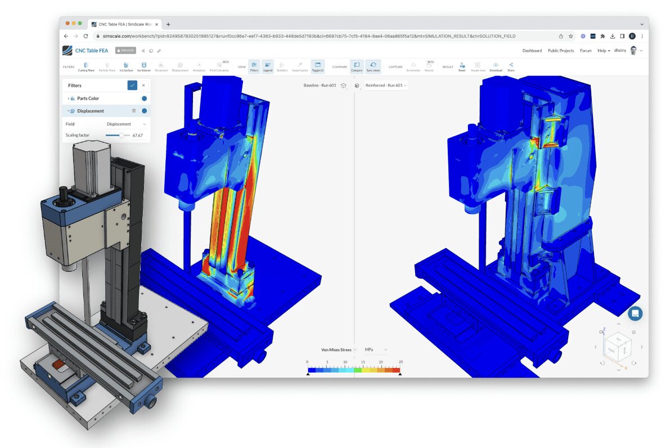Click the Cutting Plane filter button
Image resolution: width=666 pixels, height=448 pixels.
[x=86, y=66]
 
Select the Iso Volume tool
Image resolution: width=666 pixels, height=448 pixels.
[x=144, y=66]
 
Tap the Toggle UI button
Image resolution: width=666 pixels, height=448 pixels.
[x=317, y=66]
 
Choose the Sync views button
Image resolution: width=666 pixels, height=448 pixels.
[x=373, y=66]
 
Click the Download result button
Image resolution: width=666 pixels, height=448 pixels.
[x=496, y=66]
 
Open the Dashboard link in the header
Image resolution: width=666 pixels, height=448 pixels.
[x=532, y=51]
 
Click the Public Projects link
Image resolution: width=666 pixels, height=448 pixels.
[x=561, y=51]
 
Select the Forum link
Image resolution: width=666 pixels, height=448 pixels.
[x=586, y=51]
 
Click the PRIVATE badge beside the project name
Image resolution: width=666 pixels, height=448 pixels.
[x=125, y=51]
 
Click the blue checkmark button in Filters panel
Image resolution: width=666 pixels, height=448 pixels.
[x=132, y=86]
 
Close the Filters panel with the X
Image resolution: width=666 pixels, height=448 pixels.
[x=143, y=86]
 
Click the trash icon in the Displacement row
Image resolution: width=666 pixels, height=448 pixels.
[x=134, y=111]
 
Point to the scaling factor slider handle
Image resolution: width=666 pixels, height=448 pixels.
[x=121, y=135]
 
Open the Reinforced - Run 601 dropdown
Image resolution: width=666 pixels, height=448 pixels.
[x=386, y=86]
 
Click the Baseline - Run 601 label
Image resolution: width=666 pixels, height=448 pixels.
[x=319, y=86]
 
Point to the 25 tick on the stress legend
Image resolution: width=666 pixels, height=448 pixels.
[x=400, y=362]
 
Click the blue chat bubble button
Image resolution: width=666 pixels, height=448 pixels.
[x=635, y=313]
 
